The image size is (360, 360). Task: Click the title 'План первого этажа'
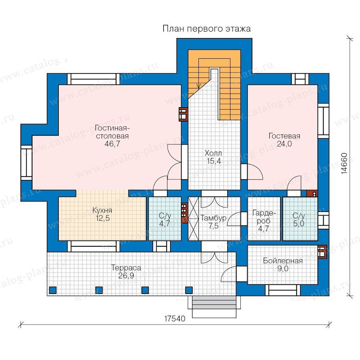tap(206, 29)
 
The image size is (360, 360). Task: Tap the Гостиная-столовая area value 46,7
tap(112, 144)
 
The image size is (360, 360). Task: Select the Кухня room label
tap(102, 210)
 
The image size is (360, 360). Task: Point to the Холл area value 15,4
tap(214, 161)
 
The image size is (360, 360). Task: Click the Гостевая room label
tap(284, 136)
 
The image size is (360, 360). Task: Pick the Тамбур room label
tap(213, 218)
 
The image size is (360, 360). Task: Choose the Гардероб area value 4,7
tap(264, 228)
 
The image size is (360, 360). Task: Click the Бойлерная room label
tap(283, 260)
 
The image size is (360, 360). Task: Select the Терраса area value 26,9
tap(126, 275)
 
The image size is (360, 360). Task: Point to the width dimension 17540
tap(175, 318)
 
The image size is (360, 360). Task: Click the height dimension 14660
tap(344, 164)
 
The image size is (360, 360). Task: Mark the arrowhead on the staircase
tap(199, 86)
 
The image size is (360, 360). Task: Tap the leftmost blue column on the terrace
tap(53, 290)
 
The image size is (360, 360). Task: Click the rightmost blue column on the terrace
tap(189, 290)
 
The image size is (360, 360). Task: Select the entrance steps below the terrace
tap(214, 307)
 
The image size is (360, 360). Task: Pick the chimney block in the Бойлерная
tap(322, 252)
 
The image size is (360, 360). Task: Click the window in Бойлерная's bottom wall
tap(283, 290)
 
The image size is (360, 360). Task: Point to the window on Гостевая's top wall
tap(300, 79)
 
